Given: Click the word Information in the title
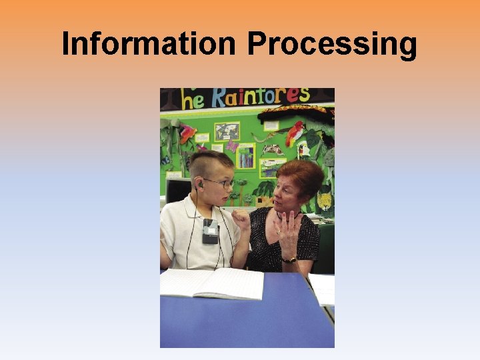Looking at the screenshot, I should (148, 44).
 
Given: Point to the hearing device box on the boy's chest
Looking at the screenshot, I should (210, 231).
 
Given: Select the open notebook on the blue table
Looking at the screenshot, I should (212, 283).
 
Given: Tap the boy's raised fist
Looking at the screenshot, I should (240, 219).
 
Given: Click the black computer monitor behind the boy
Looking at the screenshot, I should (177, 191).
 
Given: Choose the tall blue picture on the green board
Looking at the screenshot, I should (246, 156).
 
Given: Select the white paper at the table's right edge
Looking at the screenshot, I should (323, 288).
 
